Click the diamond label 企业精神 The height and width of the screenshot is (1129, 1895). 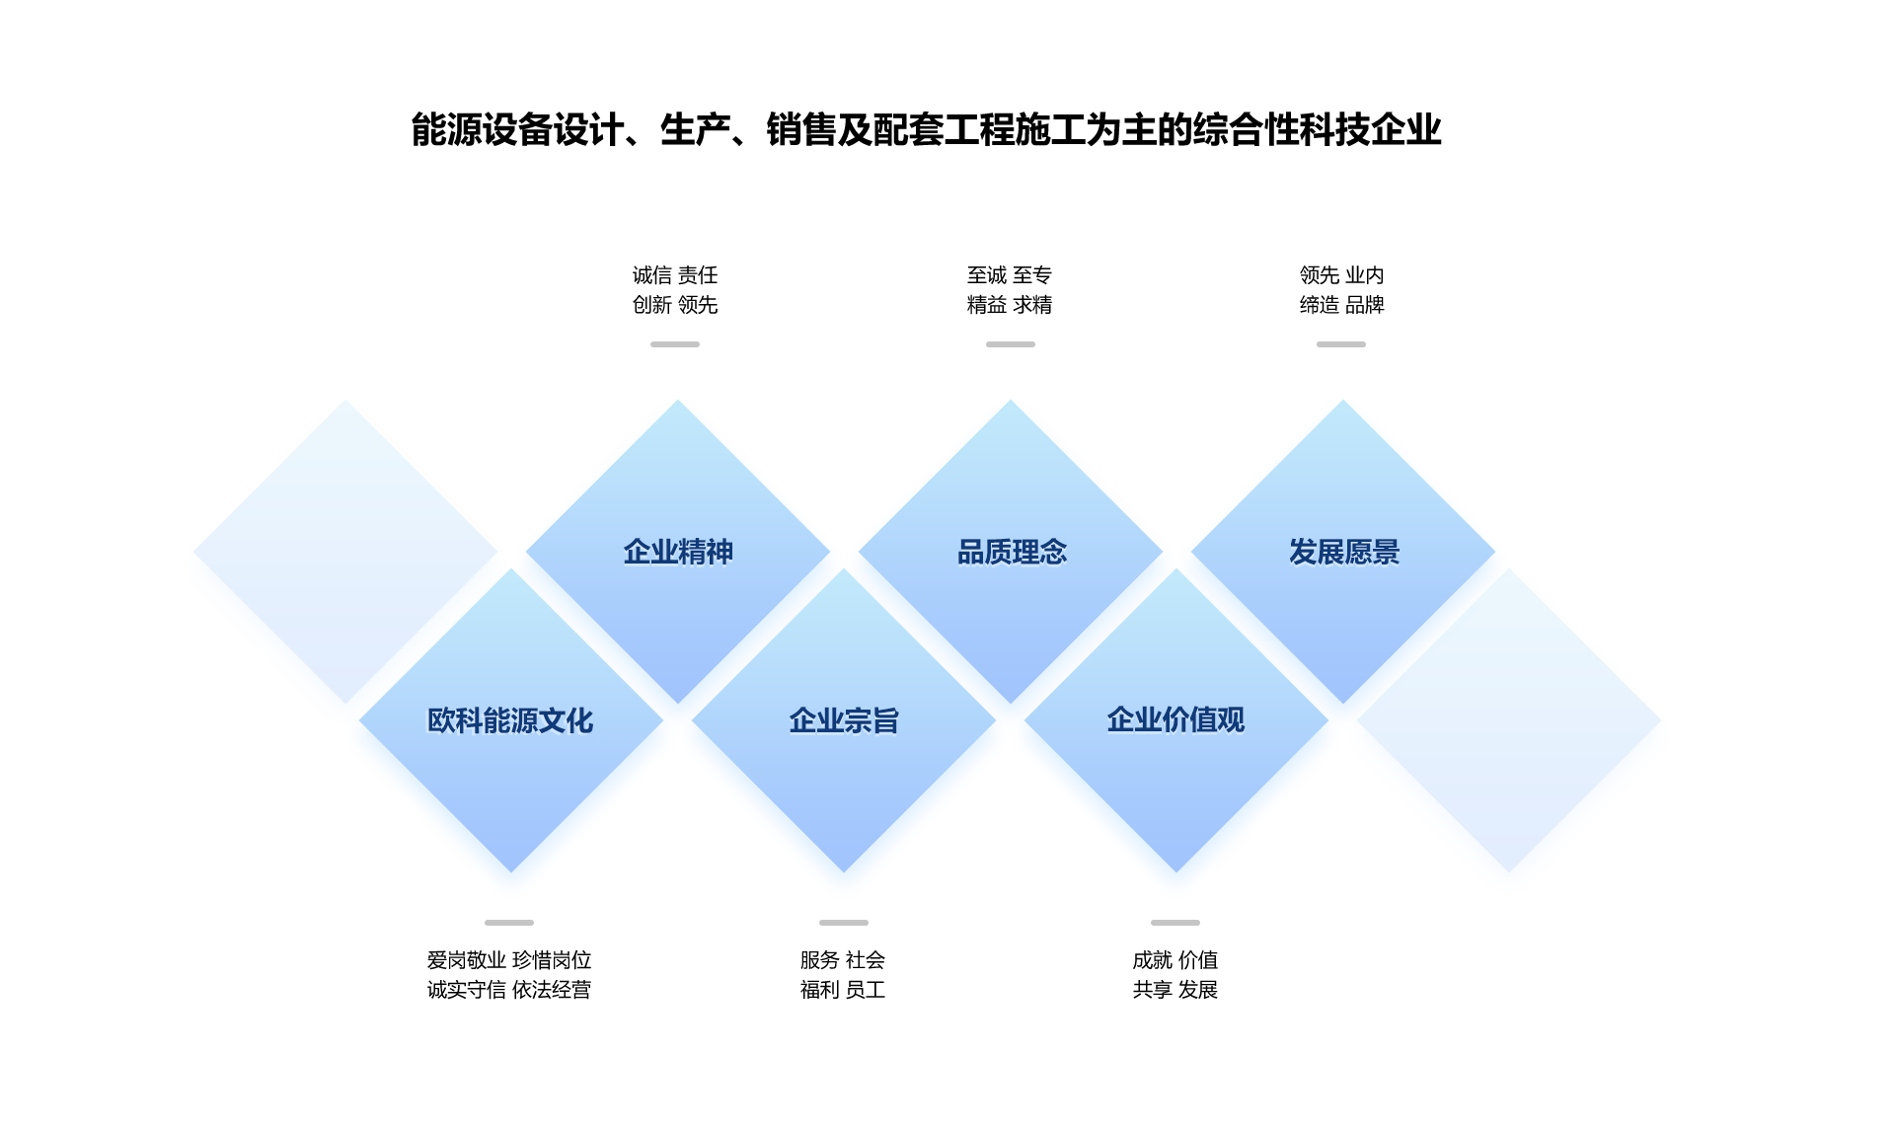pyautogui.click(x=678, y=552)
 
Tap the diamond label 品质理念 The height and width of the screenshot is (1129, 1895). pyautogui.click(x=1012, y=552)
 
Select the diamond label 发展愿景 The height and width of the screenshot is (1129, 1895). pyautogui.click(x=1344, y=552)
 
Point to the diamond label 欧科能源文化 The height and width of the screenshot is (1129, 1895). pyautogui.click(x=510, y=720)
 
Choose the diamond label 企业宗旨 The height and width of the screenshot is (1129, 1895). pyautogui.click(x=844, y=720)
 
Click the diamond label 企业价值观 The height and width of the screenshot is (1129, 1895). pyautogui.click(x=1175, y=720)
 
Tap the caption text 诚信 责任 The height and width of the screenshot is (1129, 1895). pyautogui.click(x=675, y=275)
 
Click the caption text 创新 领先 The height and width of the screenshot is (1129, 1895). pyautogui.click(x=675, y=305)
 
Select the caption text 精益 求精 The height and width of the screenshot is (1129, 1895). pyautogui.click(x=1010, y=305)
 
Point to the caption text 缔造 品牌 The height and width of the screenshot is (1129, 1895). pyautogui.click(x=1342, y=305)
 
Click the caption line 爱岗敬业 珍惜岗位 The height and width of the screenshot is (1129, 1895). pyautogui.click(x=509, y=960)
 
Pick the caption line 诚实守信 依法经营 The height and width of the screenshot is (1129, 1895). pyautogui.click(x=509, y=990)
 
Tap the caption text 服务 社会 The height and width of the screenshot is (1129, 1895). pyautogui.click(x=843, y=960)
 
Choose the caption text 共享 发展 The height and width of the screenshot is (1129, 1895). pyautogui.click(x=1175, y=990)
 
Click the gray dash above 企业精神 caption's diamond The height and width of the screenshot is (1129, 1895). pyautogui.click(x=675, y=344)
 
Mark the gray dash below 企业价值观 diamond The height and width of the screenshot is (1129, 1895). pyautogui.click(x=1175, y=923)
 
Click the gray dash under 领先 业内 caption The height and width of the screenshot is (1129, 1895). pyautogui.click(x=1341, y=344)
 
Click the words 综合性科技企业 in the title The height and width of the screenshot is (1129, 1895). pyautogui.click(x=1318, y=130)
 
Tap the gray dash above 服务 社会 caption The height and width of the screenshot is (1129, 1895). pyautogui.click(x=844, y=923)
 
